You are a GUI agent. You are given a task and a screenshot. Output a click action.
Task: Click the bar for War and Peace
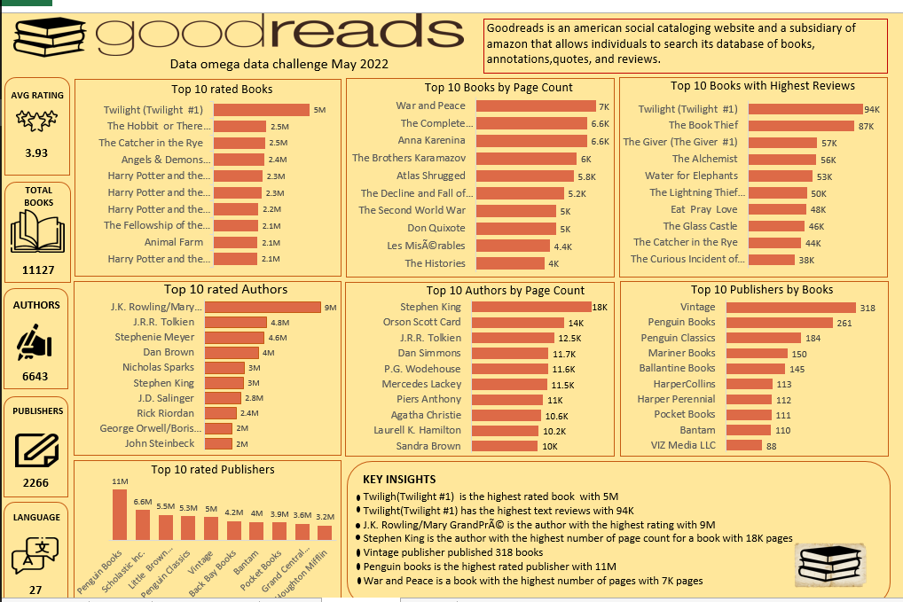click(536, 106)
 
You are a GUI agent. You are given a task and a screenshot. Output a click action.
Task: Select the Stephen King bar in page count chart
click(532, 307)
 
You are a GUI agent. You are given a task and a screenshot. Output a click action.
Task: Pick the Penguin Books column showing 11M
click(119, 514)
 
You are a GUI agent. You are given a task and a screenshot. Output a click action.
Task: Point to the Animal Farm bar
click(235, 242)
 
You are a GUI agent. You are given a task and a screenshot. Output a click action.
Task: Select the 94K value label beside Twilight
click(872, 110)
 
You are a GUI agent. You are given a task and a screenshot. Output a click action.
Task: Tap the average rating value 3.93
click(36, 152)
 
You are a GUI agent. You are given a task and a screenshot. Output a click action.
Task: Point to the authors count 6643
click(36, 376)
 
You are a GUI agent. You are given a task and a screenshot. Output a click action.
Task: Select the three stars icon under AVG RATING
click(36, 119)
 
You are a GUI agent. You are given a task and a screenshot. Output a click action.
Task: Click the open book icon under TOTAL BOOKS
click(36, 232)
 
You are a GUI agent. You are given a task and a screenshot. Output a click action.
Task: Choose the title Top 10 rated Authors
click(225, 289)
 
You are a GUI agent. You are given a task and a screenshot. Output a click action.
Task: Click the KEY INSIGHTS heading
click(399, 479)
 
